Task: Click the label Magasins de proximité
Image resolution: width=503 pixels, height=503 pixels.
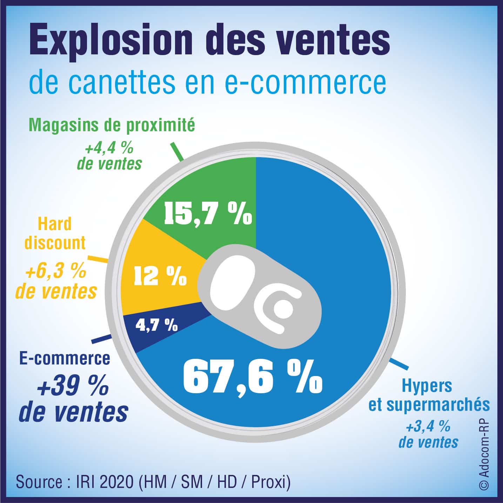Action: [x=112, y=126]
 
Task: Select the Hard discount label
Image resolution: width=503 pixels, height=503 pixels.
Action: [x=55, y=233]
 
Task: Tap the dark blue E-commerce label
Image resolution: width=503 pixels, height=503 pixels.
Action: [x=65, y=358]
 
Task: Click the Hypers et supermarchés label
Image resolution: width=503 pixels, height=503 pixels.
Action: [x=429, y=396]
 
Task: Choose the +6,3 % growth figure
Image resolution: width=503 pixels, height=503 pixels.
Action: [x=56, y=272]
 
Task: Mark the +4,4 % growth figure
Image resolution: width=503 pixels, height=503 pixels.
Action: [x=109, y=148]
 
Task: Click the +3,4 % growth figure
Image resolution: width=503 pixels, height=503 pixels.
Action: [x=428, y=427]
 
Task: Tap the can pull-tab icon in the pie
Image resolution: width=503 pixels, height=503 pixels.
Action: [x=260, y=298]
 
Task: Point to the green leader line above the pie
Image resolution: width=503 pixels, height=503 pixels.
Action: [x=177, y=152]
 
